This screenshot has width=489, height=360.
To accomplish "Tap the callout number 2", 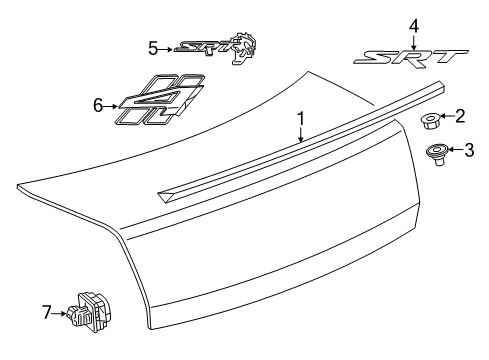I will pyautogui.click(x=461, y=117).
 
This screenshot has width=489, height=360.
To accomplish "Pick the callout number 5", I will pyautogui.click(x=153, y=46).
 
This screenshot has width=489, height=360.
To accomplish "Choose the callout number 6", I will pyautogui.click(x=98, y=102).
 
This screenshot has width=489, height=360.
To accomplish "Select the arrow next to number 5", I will pyautogui.click(x=168, y=47).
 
